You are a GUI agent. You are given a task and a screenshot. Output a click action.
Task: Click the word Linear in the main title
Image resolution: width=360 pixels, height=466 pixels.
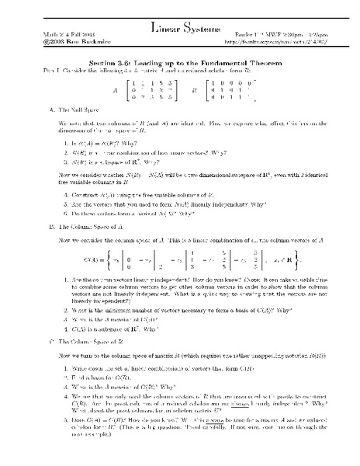(x=161, y=28)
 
